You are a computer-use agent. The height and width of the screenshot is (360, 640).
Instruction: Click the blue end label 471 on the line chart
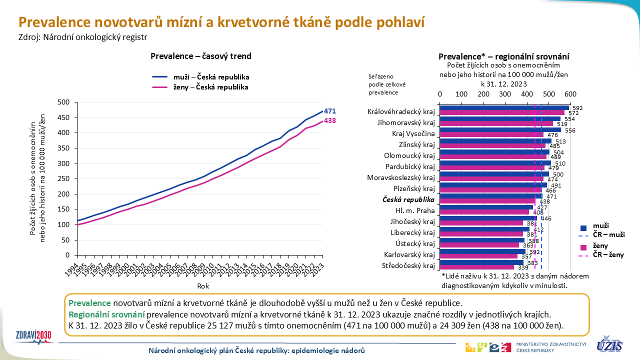tap(329, 111)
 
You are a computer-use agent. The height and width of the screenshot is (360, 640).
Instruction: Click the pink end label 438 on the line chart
tap(329, 121)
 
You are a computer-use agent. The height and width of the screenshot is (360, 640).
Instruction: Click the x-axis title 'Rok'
tap(203, 286)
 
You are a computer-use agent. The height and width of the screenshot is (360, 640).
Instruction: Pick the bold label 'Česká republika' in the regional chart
tap(408, 199)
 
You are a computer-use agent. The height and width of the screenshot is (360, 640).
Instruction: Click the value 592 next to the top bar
tap(577, 108)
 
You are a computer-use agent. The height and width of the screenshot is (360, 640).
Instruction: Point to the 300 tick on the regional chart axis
tap(505, 94)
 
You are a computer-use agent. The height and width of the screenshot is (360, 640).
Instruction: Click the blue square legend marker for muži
tap(583, 225)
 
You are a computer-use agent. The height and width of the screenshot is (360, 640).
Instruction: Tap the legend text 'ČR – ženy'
tap(608, 254)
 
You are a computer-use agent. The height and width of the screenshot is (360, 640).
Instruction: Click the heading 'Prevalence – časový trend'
tap(201, 56)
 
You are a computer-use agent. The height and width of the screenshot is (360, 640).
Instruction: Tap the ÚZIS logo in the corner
tap(610, 345)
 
